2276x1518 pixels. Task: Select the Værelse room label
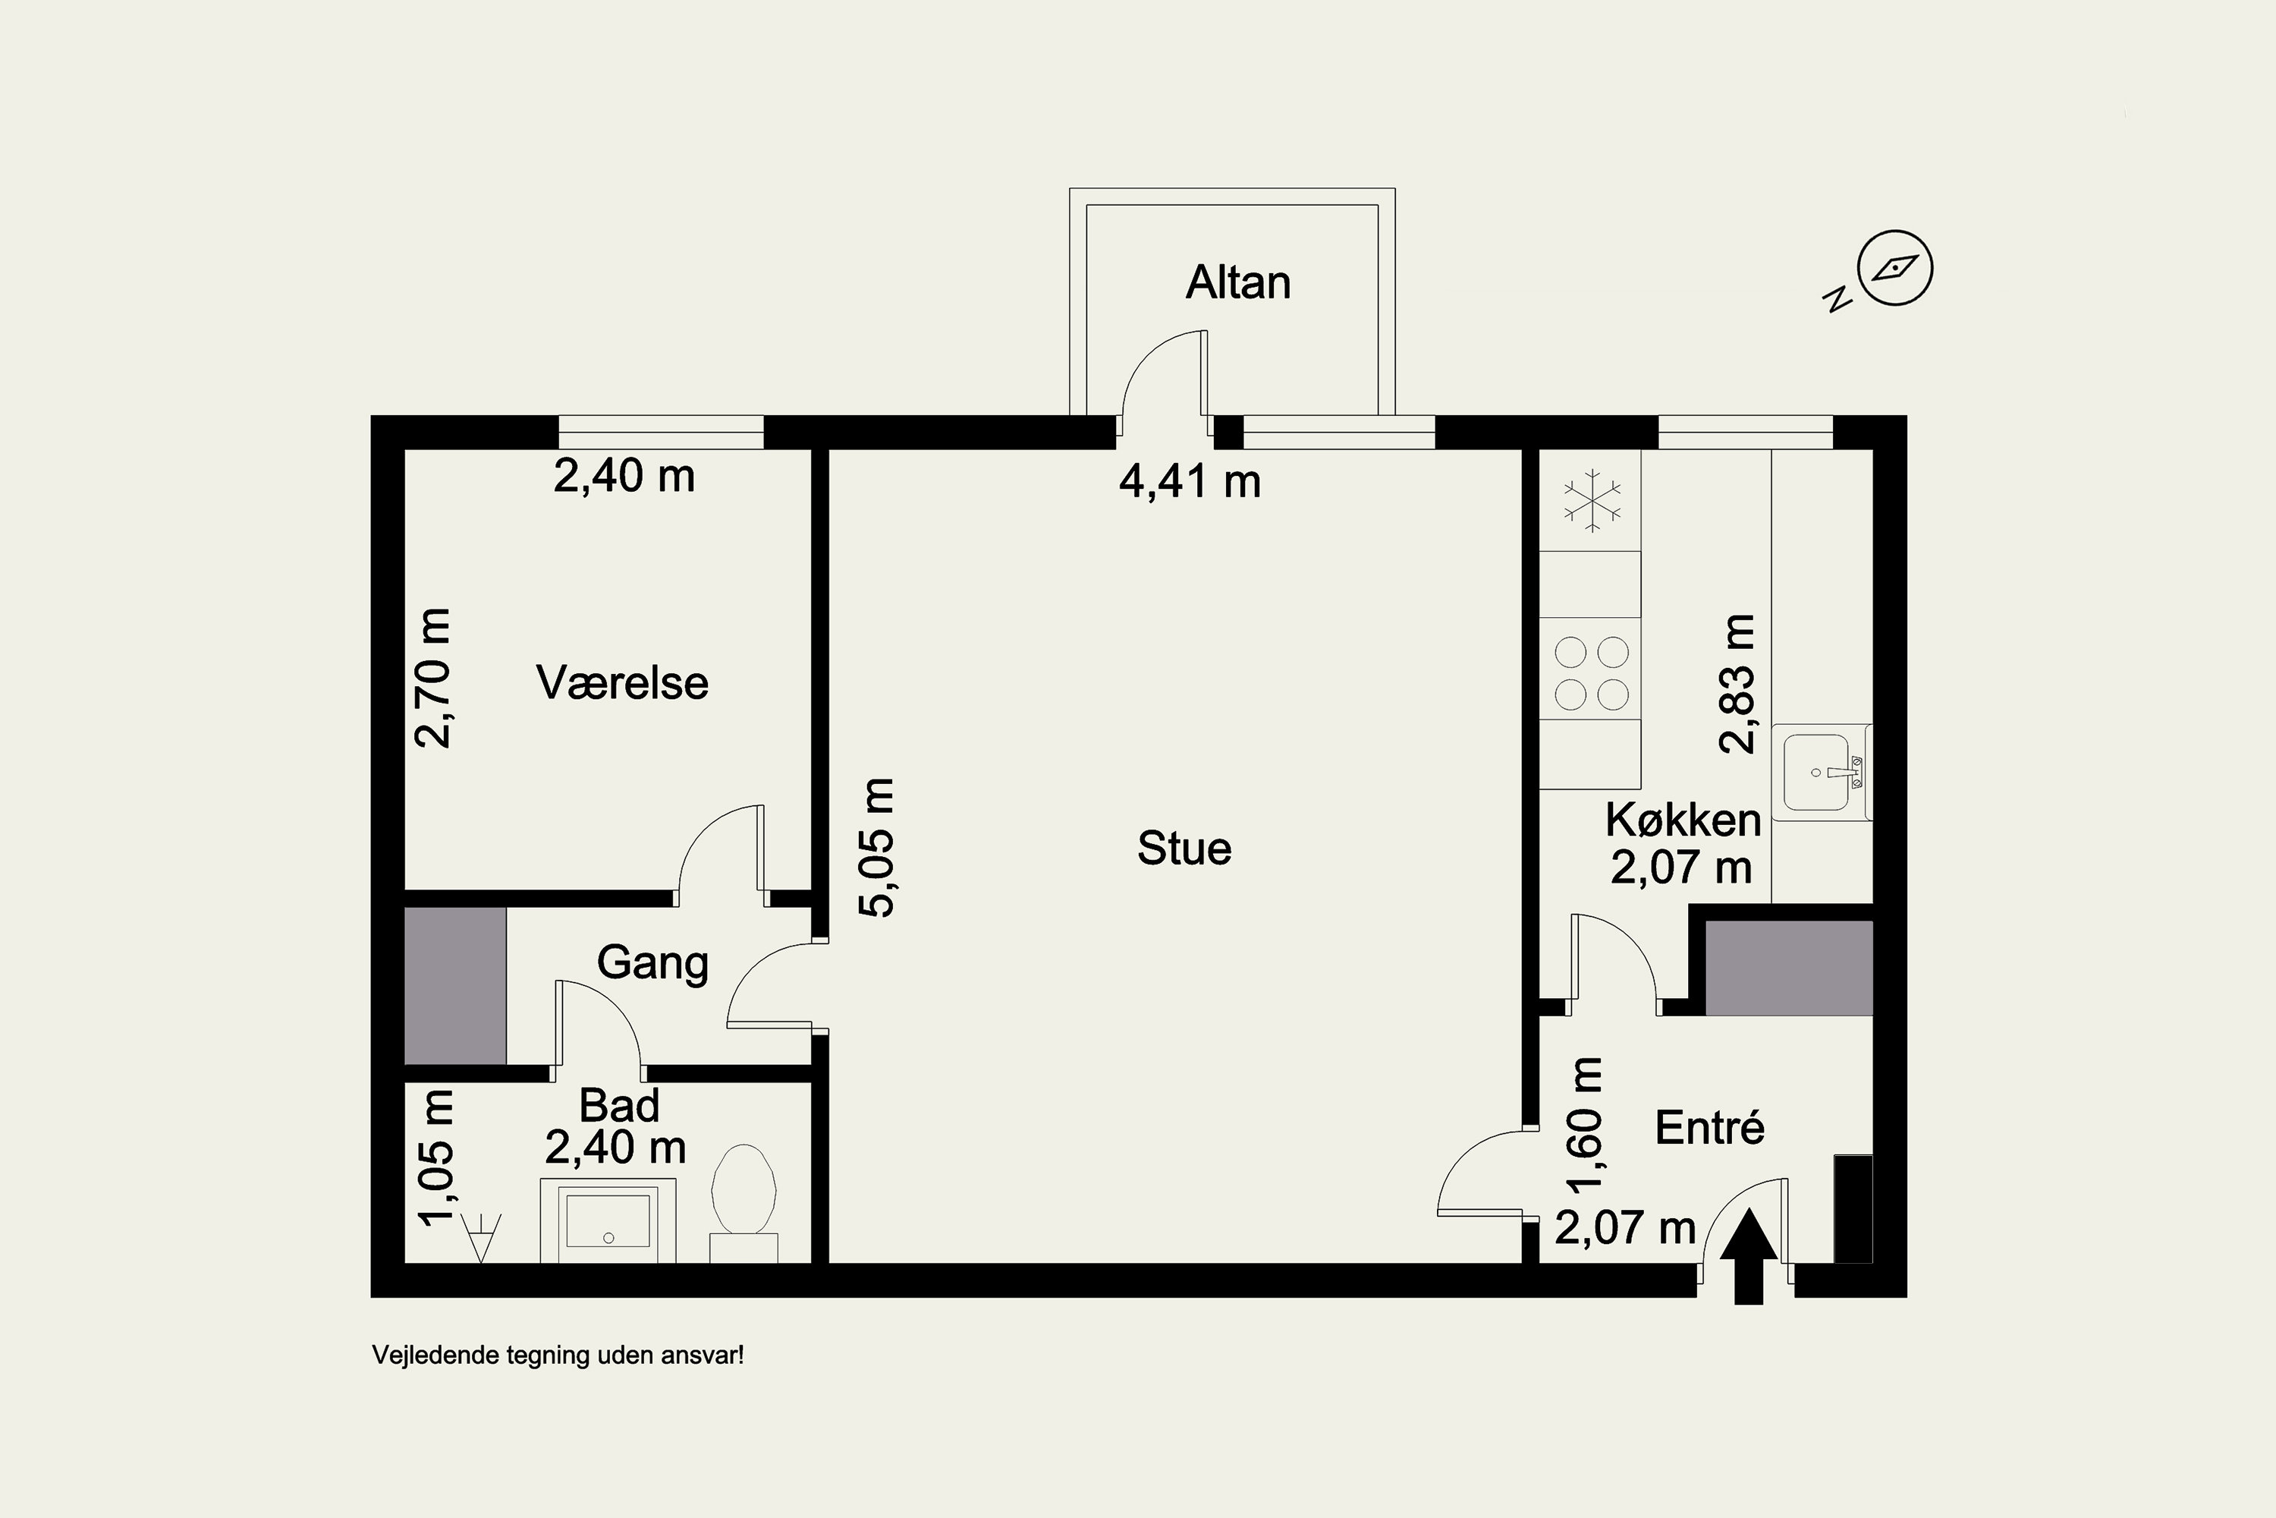pos(622,682)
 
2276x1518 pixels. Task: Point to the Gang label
pos(652,963)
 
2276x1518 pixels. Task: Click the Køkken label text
pos(1683,820)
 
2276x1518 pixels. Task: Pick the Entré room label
pos(1710,1127)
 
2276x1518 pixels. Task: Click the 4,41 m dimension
pos(1190,481)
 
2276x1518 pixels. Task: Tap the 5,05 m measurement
pos(877,847)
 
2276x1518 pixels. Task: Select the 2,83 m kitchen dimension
pos(1737,684)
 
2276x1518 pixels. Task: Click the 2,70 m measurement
pos(432,678)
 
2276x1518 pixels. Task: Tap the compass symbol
pos(1894,268)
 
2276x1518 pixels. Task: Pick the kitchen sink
pos(1822,772)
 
